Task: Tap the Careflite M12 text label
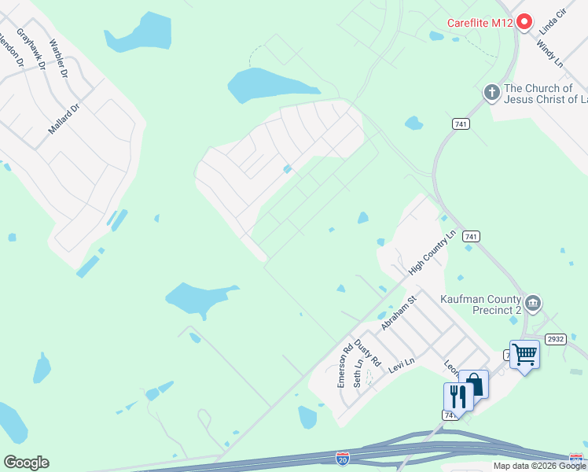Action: point(480,23)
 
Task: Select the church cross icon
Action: point(492,94)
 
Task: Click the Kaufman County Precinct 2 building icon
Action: point(533,304)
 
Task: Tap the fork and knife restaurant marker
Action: point(458,396)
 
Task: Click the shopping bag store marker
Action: point(474,384)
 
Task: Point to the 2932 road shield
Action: point(556,339)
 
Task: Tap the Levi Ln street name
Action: point(401,365)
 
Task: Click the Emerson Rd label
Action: point(344,363)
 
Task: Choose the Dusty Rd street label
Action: point(367,353)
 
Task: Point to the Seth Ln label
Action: point(358,373)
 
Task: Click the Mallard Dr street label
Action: point(64,119)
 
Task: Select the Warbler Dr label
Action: point(59,57)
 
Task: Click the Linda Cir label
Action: point(553,21)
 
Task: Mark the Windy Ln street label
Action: point(550,50)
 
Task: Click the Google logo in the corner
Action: point(26,463)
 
